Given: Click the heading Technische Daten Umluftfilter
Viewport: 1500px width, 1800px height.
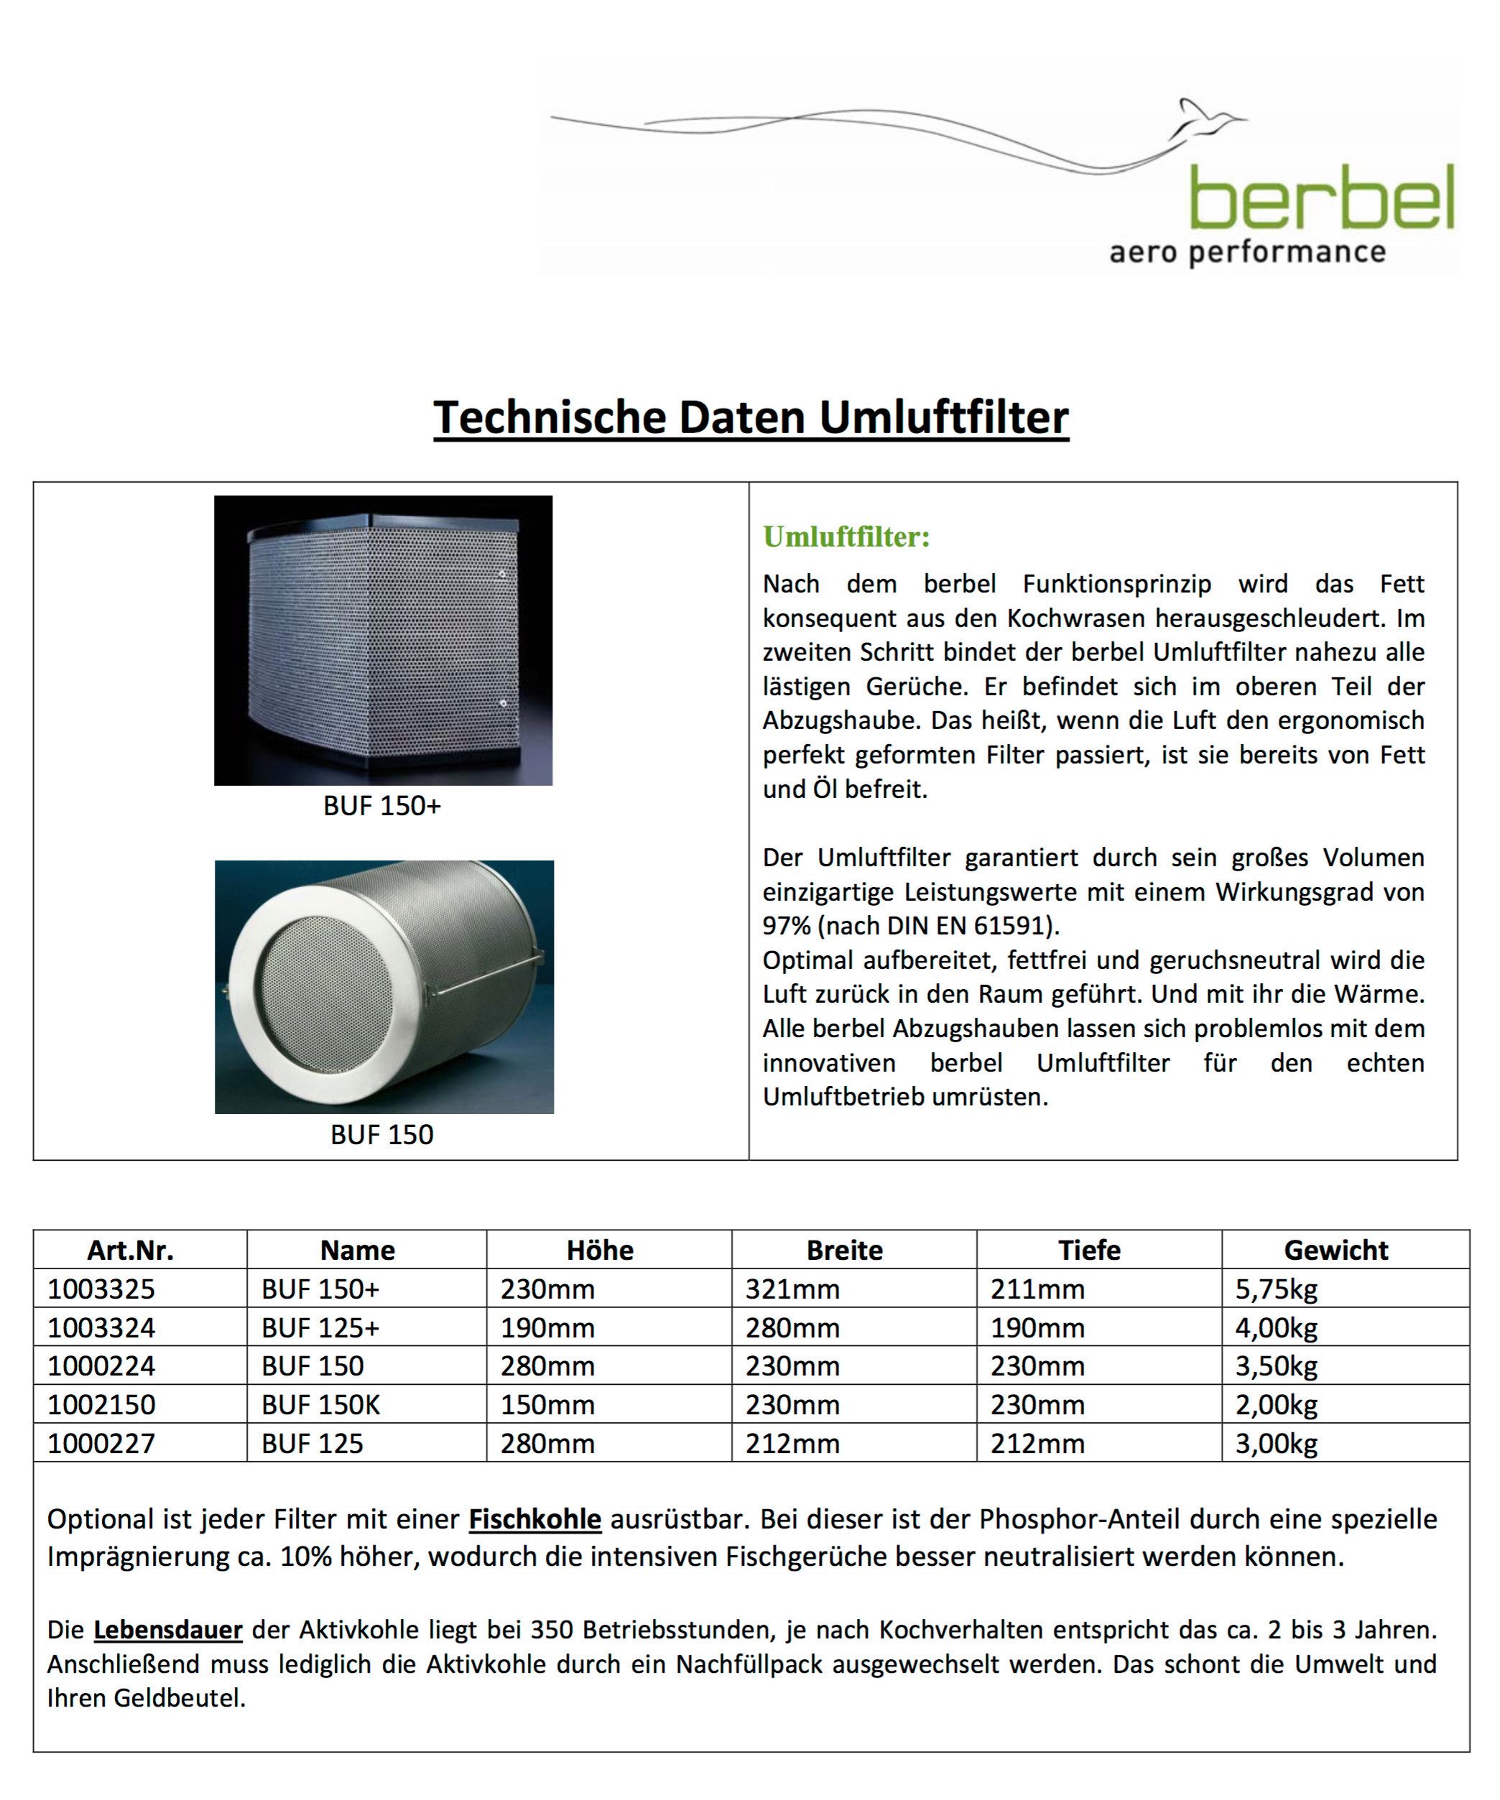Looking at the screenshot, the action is (x=751, y=417).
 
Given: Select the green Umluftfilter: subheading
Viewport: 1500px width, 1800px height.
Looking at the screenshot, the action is (x=846, y=537).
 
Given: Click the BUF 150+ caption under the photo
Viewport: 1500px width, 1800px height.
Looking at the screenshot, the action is (x=381, y=807).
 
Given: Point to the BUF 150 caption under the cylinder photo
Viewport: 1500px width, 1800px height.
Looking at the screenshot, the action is (x=381, y=1135).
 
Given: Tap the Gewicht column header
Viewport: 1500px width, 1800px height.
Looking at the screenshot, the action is (x=1335, y=1250).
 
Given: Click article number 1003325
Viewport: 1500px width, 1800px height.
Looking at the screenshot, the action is (x=101, y=1289).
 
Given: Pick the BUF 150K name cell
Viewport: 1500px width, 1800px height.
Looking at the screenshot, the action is (x=320, y=1405).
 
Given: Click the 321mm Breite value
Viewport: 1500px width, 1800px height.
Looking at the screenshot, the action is (x=792, y=1289).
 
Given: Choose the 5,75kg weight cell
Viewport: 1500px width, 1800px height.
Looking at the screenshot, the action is (x=1277, y=1289).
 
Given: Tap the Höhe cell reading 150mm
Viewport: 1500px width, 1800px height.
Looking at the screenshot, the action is (x=547, y=1405).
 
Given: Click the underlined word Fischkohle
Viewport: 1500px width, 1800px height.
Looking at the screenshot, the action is (x=535, y=1520).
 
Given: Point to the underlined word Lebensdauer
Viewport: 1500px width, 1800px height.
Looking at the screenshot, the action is (x=168, y=1630).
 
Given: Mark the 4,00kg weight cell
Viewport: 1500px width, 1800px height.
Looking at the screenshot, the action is (x=1277, y=1327).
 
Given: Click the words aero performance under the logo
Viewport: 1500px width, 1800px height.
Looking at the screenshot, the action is (x=1247, y=253).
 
